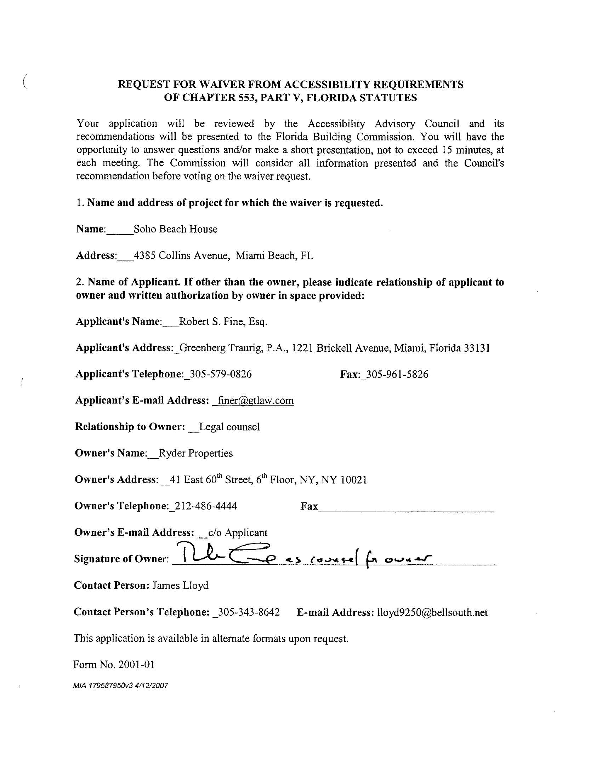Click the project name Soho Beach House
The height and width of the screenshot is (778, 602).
(x=175, y=229)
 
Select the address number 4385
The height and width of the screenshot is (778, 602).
(x=144, y=255)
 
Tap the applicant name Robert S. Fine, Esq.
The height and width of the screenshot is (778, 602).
(x=223, y=322)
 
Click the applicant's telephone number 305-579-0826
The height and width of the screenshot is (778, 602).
(x=221, y=374)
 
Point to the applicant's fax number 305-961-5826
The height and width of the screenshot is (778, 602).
(x=397, y=374)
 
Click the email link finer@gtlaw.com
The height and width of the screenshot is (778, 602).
(x=255, y=400)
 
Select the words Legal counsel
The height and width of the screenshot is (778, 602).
(x=229, y=427)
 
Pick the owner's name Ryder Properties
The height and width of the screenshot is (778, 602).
(x=195, y=453)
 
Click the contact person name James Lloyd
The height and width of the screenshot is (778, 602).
(x=181, y=586)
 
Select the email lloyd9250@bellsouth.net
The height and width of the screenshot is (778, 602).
(x=432, y=612)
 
